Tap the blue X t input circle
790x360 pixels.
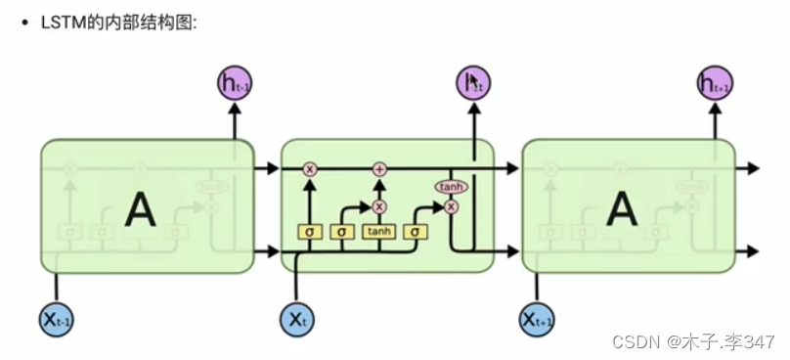click(x=296, y=318)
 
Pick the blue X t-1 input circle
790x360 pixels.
click(x=57, y=318)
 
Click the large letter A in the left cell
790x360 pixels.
click(x=143, y=207)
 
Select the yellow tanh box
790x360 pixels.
click(x=378, y=232)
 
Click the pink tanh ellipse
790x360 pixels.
click(x=451, y=187)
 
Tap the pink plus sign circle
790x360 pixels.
click(x=379, y=169)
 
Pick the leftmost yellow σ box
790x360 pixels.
click(x=310, y=232)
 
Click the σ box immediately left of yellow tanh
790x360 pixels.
click(x=342, y=232)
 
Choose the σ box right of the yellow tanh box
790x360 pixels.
click(x=416, y=232)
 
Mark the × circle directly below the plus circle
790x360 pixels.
click(x=379, y=206)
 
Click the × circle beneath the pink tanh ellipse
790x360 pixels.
click(x=451, y=206)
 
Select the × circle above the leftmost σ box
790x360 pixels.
click(x=310, y=169)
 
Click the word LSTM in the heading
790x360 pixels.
click(x=61, y=21)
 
